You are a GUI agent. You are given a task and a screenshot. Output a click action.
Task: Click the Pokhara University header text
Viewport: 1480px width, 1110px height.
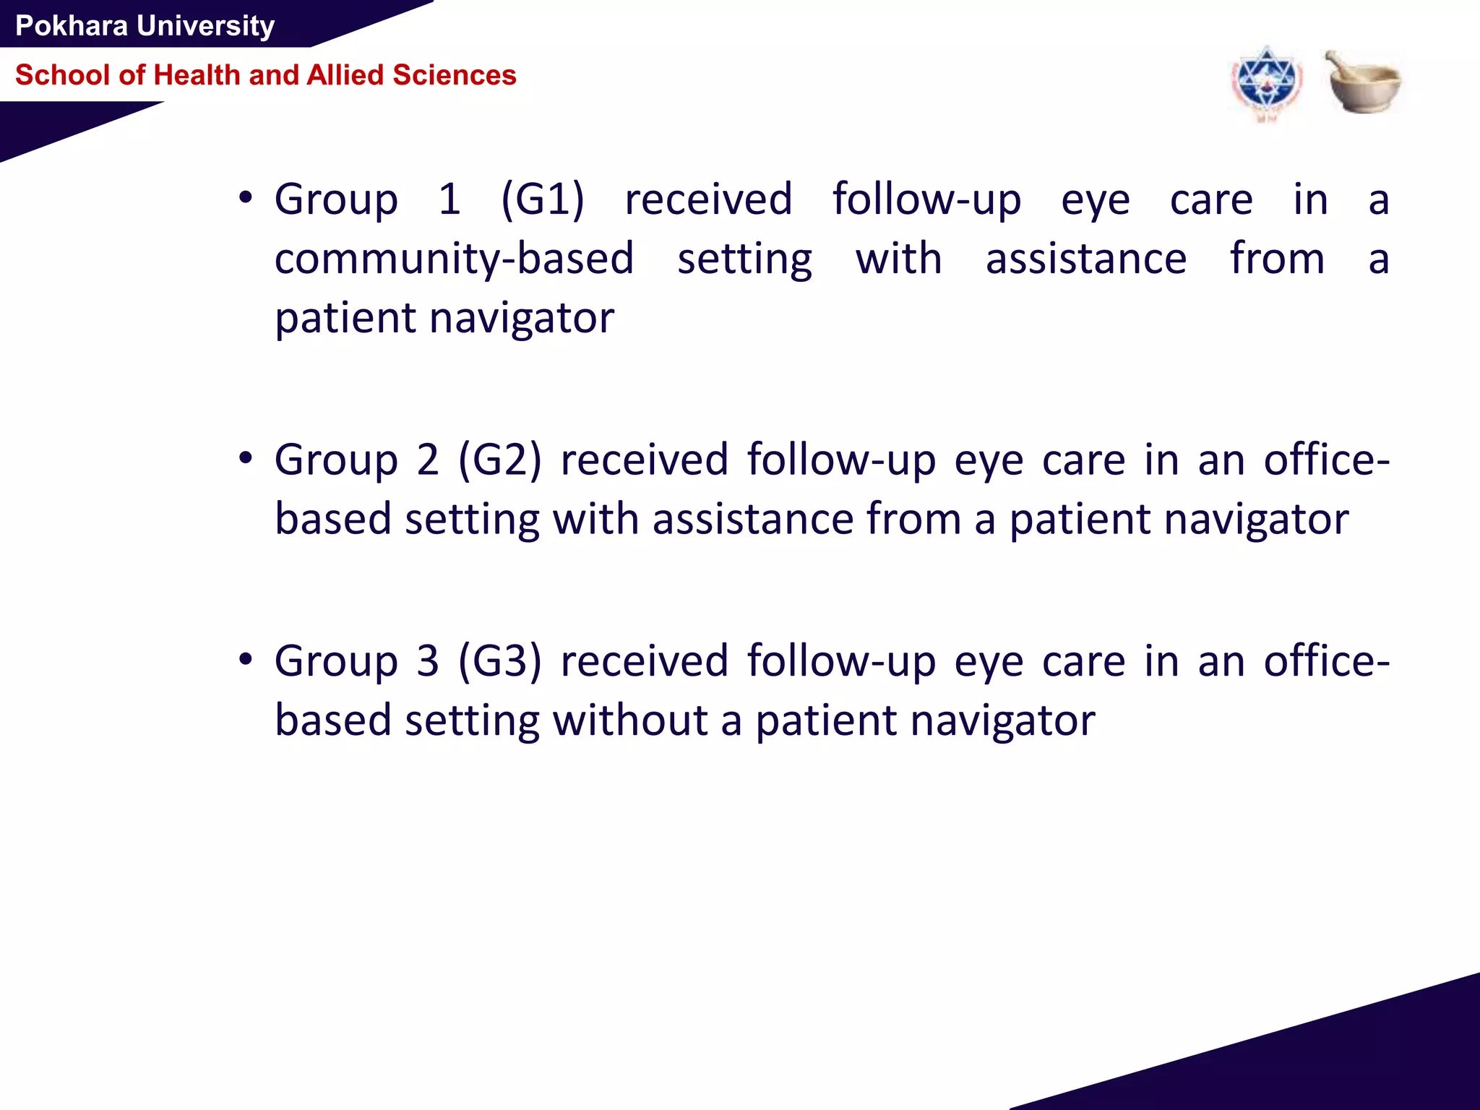(145, 26)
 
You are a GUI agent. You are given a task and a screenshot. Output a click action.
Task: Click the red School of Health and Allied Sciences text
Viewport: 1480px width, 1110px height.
(265, 75)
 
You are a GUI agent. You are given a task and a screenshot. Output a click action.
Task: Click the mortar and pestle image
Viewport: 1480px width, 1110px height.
(1362, 81)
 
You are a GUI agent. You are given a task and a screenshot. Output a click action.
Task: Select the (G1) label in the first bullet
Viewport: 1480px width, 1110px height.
(543, 199)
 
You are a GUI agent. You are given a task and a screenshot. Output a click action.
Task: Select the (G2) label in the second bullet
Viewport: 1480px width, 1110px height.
(500, 460)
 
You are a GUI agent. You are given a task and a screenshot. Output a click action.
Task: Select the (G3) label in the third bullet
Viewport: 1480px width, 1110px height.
(500, 661)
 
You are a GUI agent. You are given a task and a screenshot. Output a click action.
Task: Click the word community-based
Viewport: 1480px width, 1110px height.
(454, 259)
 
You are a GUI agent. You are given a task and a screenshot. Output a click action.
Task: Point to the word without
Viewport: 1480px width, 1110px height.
(630, 720)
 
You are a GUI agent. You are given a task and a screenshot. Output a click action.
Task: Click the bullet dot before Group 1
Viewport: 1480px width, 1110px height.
(246, 197)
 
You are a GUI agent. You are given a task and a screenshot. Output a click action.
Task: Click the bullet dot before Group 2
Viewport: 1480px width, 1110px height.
(246, 458)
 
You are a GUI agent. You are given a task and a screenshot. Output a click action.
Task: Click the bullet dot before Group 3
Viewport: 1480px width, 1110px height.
(246, 659)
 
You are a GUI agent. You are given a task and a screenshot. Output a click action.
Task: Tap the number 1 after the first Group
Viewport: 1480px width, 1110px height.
(449, 199)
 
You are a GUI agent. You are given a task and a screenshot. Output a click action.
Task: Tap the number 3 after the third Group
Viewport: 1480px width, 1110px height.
(428, 661)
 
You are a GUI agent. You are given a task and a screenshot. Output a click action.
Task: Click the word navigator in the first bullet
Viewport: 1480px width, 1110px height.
(522, 319)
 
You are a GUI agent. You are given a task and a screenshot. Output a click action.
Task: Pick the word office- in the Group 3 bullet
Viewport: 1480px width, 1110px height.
(1326, 661)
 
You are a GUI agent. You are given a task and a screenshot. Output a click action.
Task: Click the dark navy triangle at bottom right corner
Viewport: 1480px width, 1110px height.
(1337, 1062)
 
